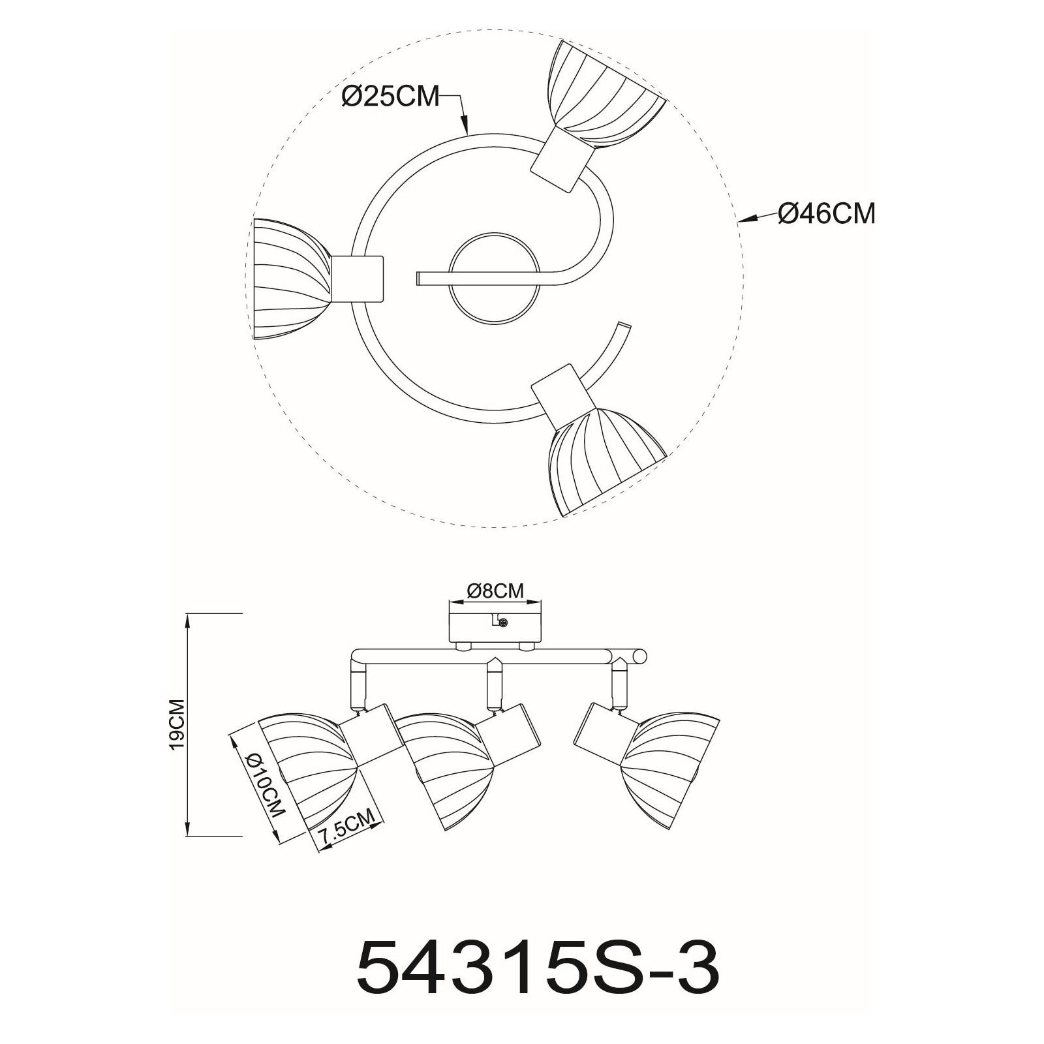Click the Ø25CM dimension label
pos(390,97)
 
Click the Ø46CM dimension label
pos(826,214)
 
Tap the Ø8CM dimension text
pos(495,591)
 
